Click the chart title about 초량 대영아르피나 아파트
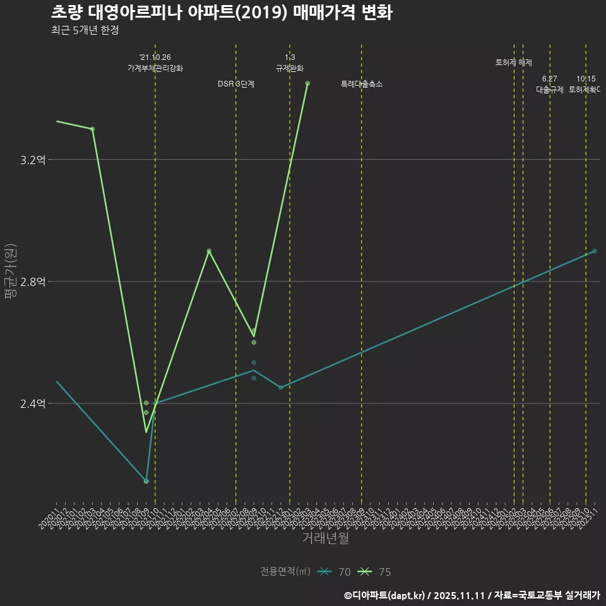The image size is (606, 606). [222, 13]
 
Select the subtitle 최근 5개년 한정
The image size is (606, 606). [85, 30]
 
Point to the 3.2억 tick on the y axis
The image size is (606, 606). [33, 160]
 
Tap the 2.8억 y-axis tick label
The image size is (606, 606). [33, 282]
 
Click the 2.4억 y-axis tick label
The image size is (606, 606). [33, 404]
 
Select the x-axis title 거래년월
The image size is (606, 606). [325, 538]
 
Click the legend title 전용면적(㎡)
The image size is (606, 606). [285, 572]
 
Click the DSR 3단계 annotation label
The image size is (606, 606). [236, 84]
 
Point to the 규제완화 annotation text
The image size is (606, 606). [290, 68]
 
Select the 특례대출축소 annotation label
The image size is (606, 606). [362, 84]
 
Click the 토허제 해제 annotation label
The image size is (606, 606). [514, 62]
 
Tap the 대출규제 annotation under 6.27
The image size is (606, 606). [550, 90]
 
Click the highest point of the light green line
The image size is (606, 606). [307, 83]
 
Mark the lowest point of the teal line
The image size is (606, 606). [146, 481]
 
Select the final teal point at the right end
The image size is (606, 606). [595, 251]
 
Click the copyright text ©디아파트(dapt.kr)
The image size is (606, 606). [386, 595]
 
